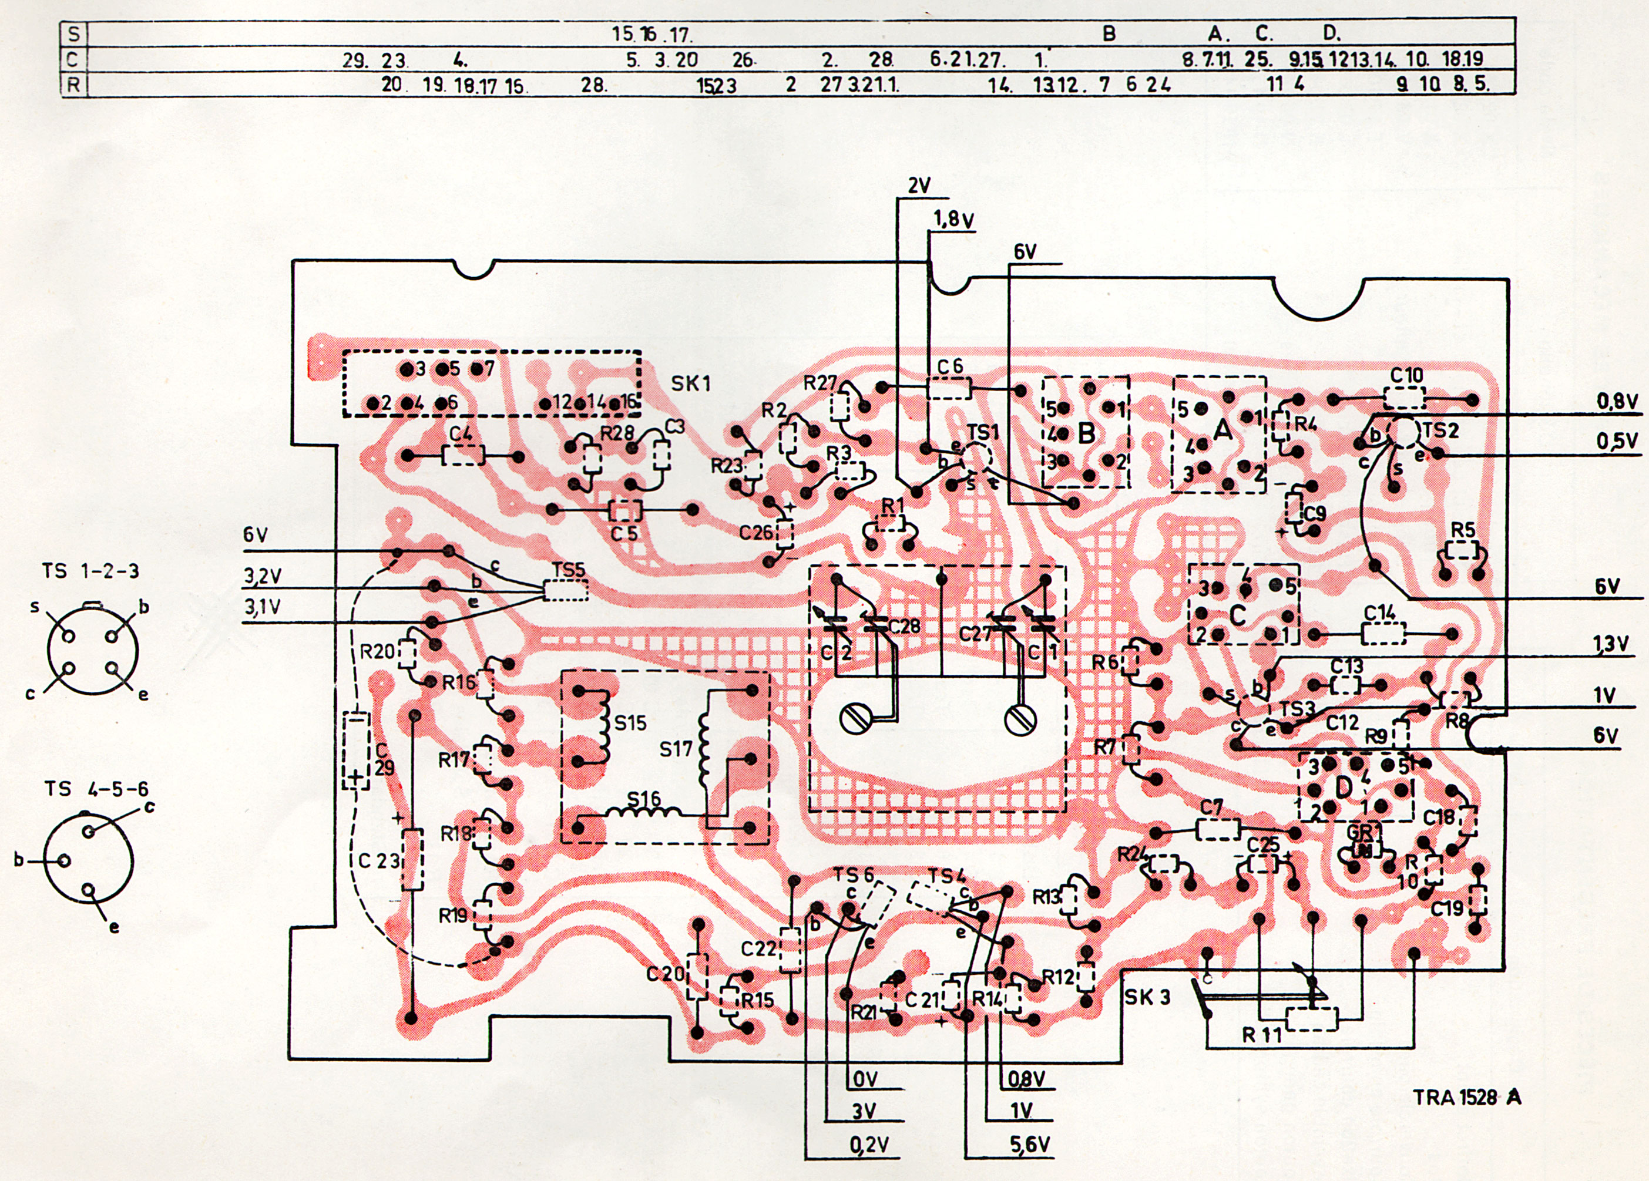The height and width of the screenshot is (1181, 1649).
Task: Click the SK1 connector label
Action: (x=690, y=383)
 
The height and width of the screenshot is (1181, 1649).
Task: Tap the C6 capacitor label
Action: (x=949, y=367)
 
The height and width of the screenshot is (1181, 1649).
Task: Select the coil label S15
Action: (x=630, y=722)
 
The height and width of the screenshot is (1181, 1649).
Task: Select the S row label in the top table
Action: (x=72, y=33)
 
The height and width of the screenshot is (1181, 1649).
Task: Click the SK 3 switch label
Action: (x=1147, y=997)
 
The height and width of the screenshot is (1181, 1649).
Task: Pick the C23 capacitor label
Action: (x=379, y=861)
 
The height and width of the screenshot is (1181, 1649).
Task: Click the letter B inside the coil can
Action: (x=1086, y=434)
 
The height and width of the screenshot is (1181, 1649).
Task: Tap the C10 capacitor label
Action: (x=1406, y=376)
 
